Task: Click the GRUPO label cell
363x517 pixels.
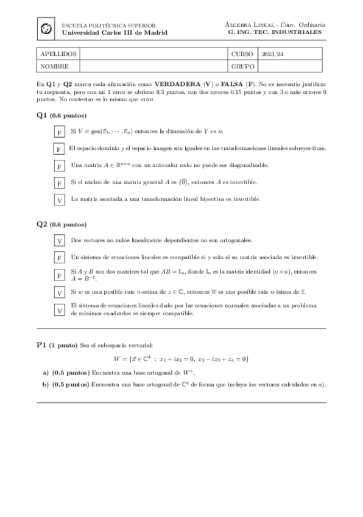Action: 242,66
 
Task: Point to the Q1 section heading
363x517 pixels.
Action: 42,115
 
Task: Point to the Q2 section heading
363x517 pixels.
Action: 42,224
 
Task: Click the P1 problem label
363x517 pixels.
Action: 42,345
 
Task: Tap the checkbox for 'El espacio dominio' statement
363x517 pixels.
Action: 60,149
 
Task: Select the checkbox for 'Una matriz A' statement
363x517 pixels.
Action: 60,166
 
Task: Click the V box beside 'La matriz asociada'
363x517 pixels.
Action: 60,200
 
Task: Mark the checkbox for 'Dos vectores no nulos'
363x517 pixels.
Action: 60,241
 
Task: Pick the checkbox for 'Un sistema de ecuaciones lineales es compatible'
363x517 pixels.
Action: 60,258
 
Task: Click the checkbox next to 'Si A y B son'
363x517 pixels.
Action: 60,276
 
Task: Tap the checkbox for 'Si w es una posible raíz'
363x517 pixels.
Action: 60,293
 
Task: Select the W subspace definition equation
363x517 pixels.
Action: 181,359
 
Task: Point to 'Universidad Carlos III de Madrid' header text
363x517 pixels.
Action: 115,32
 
